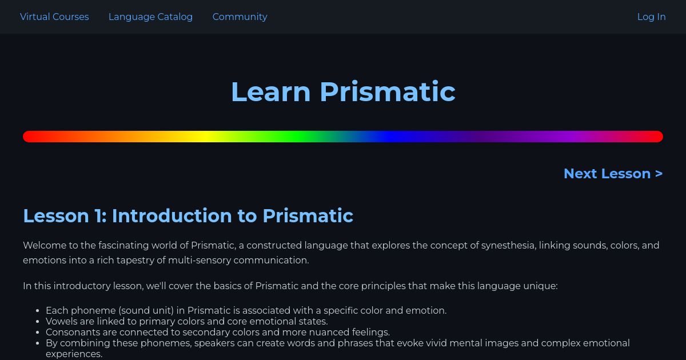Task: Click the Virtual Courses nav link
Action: point(54,17)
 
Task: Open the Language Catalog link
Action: point(150,17)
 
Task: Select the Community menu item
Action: point(240,17)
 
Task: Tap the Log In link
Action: point(651,17)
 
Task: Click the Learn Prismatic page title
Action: point(343,91)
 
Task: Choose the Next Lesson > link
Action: point(613,174)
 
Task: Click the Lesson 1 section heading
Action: point(188,216)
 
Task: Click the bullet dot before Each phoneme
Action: point(38,311)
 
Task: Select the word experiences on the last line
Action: point(74,354)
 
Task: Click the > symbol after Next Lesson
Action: point(659,174)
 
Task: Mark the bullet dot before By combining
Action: point(38,344)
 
